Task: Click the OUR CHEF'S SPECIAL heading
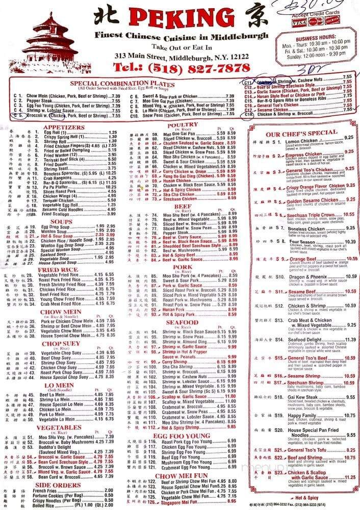pyautogui.click(x=302, y=133)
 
